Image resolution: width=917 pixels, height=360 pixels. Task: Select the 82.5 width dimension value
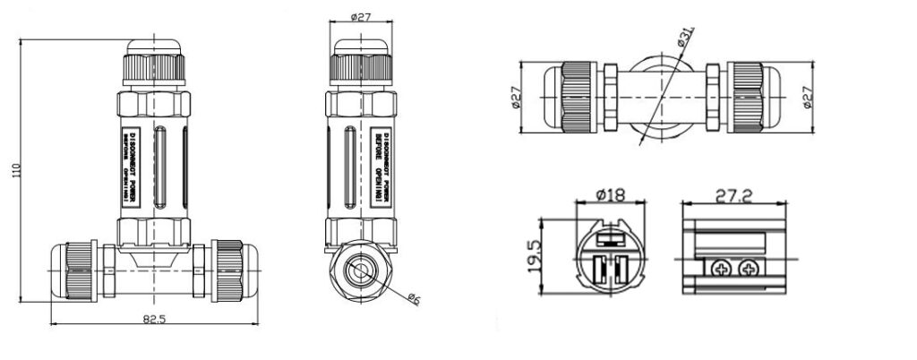(154, 318)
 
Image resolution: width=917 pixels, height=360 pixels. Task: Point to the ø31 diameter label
(686, 37)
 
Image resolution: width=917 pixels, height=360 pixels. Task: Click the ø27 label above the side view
(361, 13)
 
